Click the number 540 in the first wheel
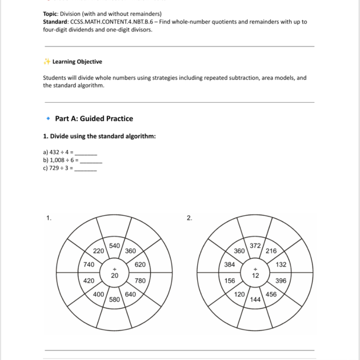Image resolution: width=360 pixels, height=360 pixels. pos(114,246)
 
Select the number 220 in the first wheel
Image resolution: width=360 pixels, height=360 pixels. pos(98,251)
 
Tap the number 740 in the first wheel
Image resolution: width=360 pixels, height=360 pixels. pos(89,265)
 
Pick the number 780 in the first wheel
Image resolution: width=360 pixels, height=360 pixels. pos(140,281)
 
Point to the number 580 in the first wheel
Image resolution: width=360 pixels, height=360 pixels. pos(114,299)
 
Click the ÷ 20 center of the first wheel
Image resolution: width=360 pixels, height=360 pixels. pos(114,272)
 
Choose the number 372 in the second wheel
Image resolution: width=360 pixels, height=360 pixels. pos(255,246)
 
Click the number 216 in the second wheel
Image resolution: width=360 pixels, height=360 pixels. pos(271,251)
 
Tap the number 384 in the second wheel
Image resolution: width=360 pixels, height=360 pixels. pos(230,265)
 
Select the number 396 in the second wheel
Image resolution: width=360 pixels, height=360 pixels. pos(281,281)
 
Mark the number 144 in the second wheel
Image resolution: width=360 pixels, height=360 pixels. pos(255,299)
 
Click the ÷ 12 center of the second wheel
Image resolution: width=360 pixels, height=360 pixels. pos(255,272)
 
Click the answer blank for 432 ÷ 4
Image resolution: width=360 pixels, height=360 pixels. pos(86,154)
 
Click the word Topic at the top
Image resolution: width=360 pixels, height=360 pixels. pos(52,14)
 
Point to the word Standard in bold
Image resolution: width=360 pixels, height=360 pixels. pos(56,22)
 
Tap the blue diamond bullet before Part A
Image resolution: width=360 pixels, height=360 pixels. pos(47,119)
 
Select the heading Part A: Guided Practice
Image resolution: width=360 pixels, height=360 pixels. pos(94,119)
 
